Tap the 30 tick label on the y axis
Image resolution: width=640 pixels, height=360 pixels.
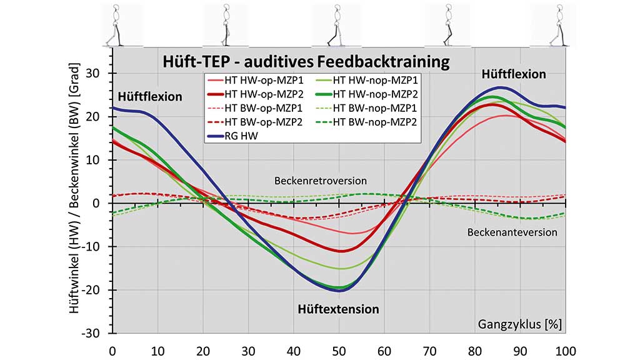99,73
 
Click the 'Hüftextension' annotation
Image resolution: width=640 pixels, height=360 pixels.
338,309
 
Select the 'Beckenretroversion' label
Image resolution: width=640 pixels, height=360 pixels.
320,181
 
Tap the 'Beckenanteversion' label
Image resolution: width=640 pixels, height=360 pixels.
512,232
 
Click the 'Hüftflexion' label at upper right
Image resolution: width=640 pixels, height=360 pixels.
514,74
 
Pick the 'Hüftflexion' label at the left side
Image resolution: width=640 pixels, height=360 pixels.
150,97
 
